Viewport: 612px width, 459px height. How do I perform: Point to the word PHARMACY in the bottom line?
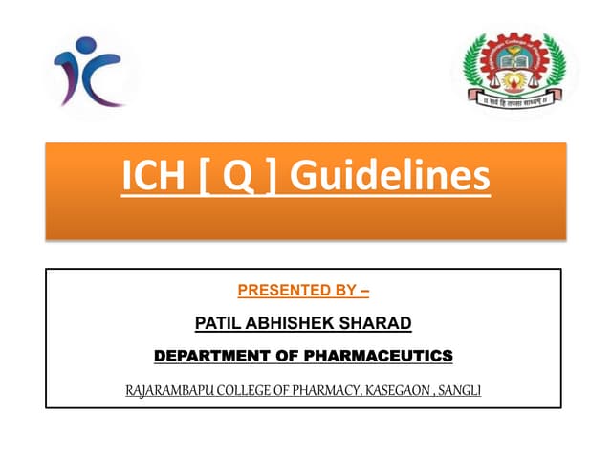[x=331, y=390]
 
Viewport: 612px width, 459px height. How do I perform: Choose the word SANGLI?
[x=467, y=390]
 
